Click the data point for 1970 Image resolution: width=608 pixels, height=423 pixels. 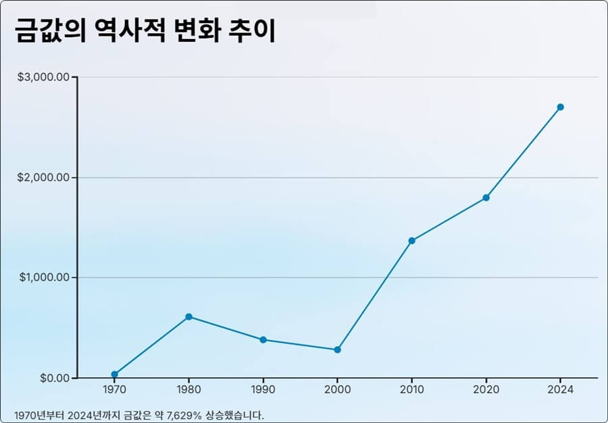click(x=114, y=374)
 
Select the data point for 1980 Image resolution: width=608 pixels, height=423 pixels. click(x=188, y=316)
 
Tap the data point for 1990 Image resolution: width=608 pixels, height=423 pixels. click(x=263, y=339)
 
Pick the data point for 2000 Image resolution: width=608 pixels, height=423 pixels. click(x=337, y=349)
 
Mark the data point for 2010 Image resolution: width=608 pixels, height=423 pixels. click(x=411, y=241)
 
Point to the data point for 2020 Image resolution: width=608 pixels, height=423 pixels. click(x=486, y=198)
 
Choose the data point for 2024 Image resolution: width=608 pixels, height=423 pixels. click(x=560, y=107)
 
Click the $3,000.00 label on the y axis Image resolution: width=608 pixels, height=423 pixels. click(x=43, y=77)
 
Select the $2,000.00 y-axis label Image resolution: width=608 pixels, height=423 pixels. click(x=43, y=177)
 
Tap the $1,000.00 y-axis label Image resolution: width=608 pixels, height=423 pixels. click(x=43, y=277)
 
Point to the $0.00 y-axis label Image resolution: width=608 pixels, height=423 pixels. click(x=53, y=378)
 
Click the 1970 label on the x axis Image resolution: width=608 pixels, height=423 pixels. click(x=114, y=390)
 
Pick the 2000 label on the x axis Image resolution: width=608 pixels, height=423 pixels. click(x=337, y=390)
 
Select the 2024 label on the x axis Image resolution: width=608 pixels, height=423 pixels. click(x=560, y=390)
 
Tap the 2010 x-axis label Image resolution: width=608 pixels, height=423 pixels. click(x=411, y=390)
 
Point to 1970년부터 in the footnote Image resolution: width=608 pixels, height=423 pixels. click(x=39, y=414)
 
